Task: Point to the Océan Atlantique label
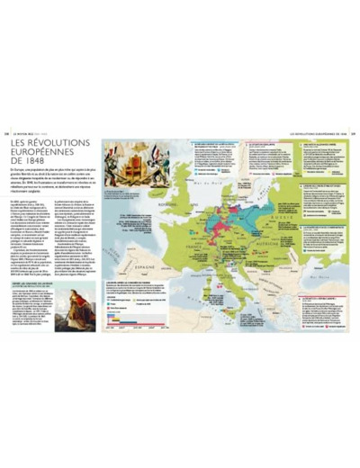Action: pos(121,225)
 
